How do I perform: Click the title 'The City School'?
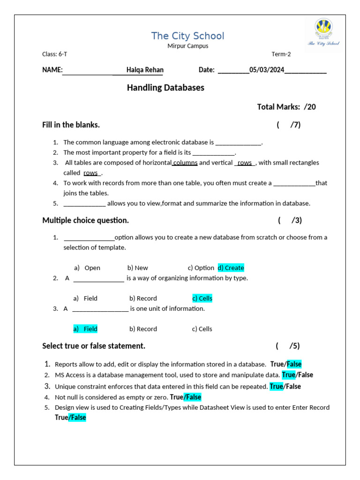click(187, 36)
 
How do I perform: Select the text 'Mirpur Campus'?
click(187, 46)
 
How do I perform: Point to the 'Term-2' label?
click(281, 54)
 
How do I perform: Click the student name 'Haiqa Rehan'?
click(145, 70)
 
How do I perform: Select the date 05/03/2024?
click(267, 70)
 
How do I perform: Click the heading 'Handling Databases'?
click(165, 88)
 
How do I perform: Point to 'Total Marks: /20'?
click(286, 107)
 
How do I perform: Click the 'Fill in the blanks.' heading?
click(71, 125)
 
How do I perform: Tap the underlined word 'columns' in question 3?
click(185, 163)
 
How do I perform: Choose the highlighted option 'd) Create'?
click(231, 268)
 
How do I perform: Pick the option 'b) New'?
click(137, 268)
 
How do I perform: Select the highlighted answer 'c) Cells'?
click(202, 298)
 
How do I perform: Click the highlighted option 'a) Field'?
click(85, 329)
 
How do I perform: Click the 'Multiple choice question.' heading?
click(85, 220)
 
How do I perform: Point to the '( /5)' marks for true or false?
click(288, 346)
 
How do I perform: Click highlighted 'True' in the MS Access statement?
click(289, 375)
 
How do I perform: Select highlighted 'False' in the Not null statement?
click(193, 397)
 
